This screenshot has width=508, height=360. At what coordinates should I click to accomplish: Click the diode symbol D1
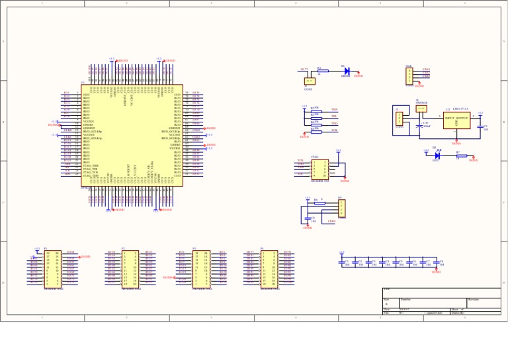tap(347, 71)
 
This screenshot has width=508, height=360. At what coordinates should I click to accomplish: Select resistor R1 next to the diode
tap(323, 71)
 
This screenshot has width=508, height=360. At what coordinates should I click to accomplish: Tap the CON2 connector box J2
tap(308, 81)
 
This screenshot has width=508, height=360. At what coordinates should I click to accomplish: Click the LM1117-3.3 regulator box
tap(456, 120)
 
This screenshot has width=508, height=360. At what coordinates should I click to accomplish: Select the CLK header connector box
tap(409, 75)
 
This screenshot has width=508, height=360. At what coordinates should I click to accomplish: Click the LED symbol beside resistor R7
tap(437, 156)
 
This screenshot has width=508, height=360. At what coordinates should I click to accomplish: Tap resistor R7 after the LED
tap(461, 156)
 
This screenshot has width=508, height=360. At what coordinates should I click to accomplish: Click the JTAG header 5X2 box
tap(319, 168)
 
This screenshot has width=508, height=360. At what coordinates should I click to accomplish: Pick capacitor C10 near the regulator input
tap(419, 125)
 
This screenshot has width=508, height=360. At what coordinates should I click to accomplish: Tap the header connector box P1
tap(52, 268)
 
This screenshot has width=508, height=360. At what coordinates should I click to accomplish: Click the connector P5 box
tap(341, 208)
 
